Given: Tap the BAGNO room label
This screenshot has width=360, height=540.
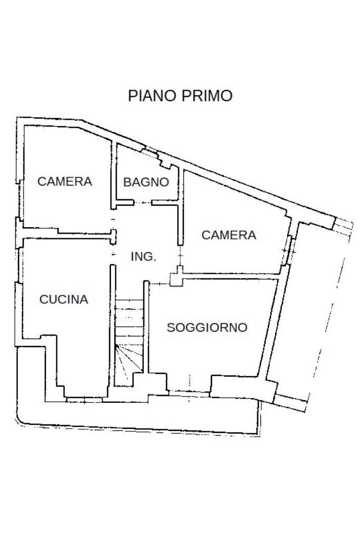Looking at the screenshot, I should tap(146, 182).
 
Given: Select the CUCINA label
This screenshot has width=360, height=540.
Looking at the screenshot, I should tap(64, 300).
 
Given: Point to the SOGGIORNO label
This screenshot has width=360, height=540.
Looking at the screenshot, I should tap(207, 327).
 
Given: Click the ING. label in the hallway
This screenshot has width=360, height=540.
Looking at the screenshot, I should tap(143, 257).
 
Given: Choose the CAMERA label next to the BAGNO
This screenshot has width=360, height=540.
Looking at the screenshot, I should tap(65, 181).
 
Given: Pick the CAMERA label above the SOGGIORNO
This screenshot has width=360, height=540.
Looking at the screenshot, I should tap(229, 235).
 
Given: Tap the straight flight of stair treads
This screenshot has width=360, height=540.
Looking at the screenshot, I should tap(129, 319).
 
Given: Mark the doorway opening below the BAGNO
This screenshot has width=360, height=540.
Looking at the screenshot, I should tap(142, 202).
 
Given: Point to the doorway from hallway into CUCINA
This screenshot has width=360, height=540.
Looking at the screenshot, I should tap(112, 254).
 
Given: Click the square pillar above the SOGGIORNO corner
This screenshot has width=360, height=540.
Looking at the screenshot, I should tap(176, 279).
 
